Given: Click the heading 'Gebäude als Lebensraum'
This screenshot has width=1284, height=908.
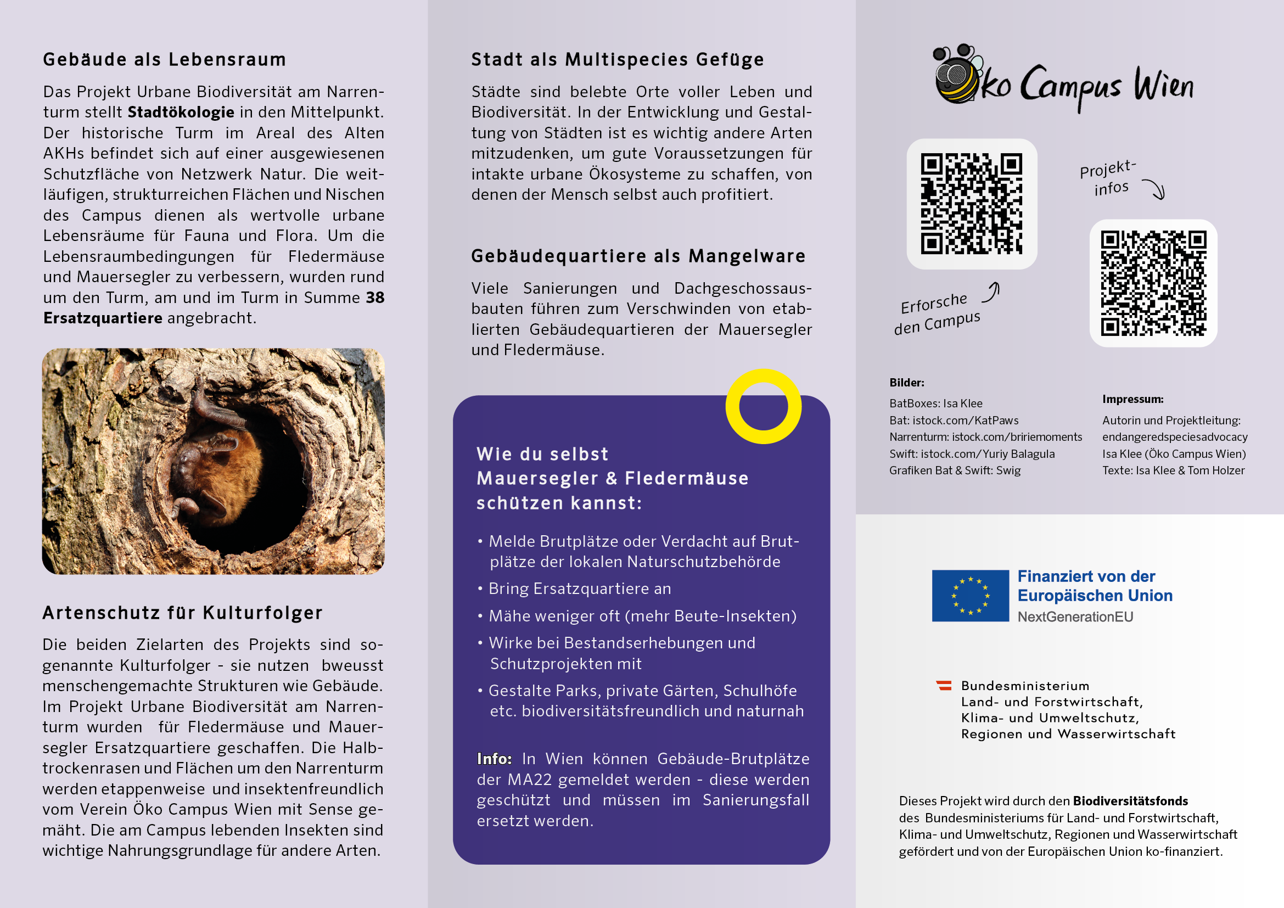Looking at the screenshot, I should tap(165, 60).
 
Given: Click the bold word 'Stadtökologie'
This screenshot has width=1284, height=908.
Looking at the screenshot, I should tap(181, 113).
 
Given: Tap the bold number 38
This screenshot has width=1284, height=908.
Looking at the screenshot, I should tap(375, 298).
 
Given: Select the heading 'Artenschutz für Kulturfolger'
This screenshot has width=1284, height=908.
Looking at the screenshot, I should tap(182, 613).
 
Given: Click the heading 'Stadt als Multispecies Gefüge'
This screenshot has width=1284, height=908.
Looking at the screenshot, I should tap(617, 60).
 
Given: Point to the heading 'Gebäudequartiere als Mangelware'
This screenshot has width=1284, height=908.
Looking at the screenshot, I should tap(638, 256).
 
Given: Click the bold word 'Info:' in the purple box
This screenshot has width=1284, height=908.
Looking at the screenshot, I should tap(494, 759).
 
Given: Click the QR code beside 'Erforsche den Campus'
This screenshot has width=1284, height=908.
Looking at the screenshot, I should tap(972, 204).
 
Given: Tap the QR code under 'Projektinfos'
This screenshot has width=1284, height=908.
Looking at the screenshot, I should tap(1153, 283).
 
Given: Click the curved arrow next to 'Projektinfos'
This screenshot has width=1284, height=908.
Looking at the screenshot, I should tap(1155, 189).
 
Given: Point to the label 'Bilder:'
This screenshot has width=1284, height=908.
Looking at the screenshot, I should tap(906, 383).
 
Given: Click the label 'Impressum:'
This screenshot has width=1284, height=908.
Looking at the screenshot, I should tap(1132, 399).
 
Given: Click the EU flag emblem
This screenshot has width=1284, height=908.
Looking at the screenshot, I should tap(970, 596).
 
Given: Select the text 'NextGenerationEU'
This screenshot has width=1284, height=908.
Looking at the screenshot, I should tap(1075, 617).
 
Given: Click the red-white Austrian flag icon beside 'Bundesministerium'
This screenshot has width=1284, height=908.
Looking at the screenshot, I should tap(944, 686).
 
